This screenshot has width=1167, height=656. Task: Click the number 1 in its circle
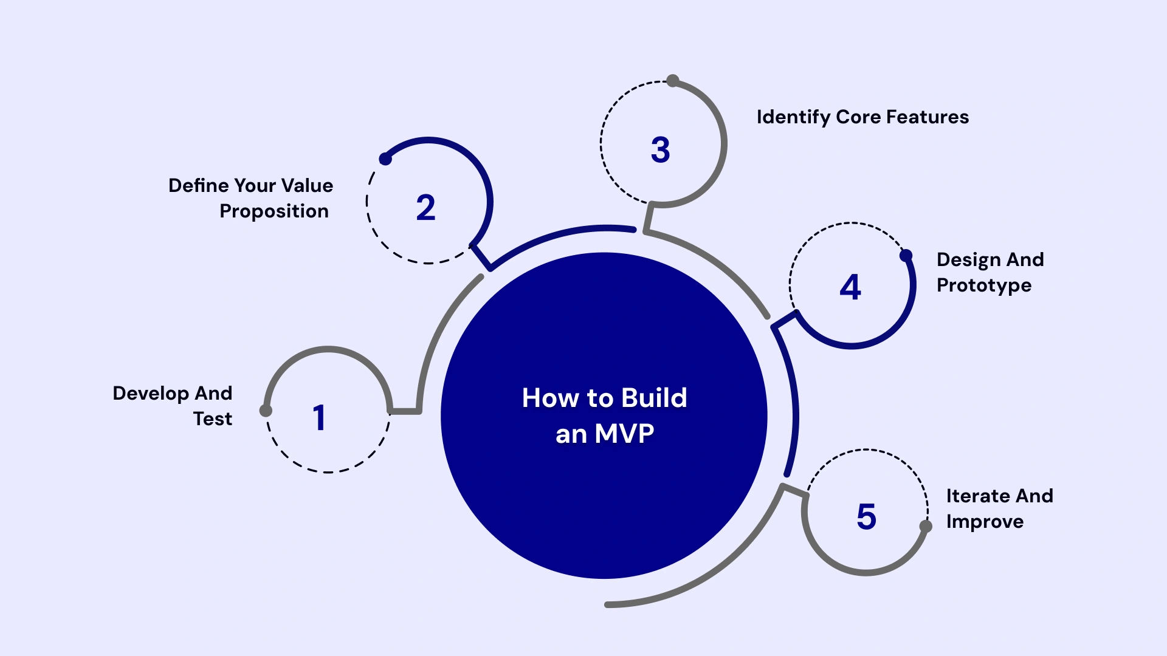pos(319,418)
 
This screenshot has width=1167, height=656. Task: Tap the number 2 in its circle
pos(425,208)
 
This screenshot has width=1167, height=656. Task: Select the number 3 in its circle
pos(660,150)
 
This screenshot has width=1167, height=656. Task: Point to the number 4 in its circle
pos(850,287)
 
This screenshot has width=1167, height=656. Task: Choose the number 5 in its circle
pos(866,517)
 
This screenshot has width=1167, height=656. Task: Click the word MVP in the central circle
pos(624,434)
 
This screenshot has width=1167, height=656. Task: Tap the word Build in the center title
pos(654,398)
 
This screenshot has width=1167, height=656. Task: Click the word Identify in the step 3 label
pos(793,117)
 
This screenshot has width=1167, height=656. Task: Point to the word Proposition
pos(274,211)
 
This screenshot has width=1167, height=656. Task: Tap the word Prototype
pos(983,285)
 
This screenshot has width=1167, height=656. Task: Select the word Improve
pos(985,522)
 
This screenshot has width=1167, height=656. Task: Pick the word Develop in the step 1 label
pos(151,394)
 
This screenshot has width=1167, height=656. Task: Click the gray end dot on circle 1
pos(266,411)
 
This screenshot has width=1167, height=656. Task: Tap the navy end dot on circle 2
pos(385,159)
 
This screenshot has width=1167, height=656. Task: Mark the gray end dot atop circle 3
pos(672,81)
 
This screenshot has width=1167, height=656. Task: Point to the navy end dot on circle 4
pos(906,256)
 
